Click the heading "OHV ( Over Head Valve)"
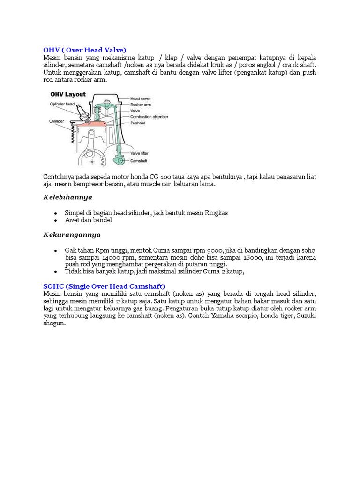[x=85, y=50]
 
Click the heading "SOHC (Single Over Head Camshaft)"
[x=104, y=286]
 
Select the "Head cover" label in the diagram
[x=142, y=98]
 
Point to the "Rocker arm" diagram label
[x=142, y=105]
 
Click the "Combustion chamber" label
[x=149, y=117]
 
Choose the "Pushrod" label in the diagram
[x=139, y=123]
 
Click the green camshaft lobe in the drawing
[x=121, y=161]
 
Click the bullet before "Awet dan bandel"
[x=56, y=220]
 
